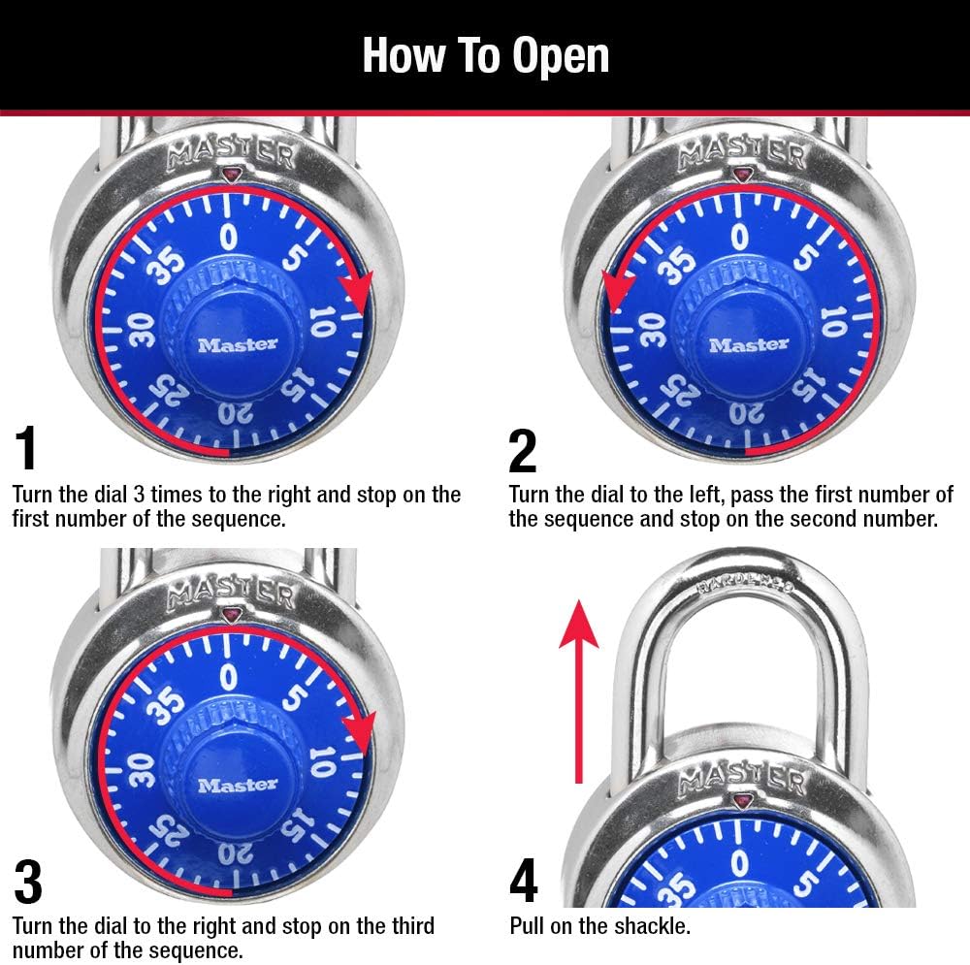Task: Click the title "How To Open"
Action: [485, 55]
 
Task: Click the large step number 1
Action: [27, 448]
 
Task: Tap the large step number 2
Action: [523, 448]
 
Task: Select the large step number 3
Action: [28, 882]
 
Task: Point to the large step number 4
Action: [524, 882]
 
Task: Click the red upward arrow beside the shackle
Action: [578, 689]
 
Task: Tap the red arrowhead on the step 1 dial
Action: [359, 290]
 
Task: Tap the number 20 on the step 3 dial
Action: [230, 854]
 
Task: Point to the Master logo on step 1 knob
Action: [238, 344]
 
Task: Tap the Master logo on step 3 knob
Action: [238, 784]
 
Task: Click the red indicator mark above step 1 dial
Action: [230, 176]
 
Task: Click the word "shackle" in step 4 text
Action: [654, 926]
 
